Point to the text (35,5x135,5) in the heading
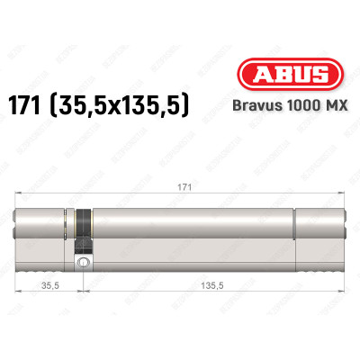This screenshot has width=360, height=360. [x=137, y=105]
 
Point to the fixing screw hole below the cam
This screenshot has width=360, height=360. [x=83, y=262]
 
